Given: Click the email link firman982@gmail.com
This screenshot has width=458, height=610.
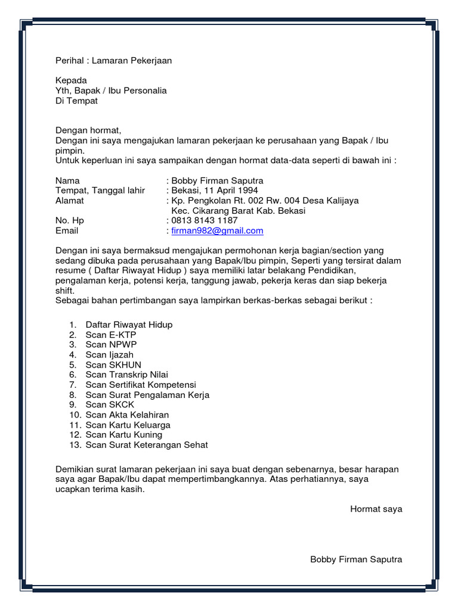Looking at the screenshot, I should tap(217, 231).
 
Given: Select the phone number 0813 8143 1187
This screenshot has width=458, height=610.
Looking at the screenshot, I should tap(204, 220).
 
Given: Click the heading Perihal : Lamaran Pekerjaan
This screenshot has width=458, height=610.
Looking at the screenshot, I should tap(113, 61).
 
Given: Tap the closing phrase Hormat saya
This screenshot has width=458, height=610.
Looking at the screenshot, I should tap(376, 509).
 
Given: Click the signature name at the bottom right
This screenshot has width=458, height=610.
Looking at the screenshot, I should tap(356, 559).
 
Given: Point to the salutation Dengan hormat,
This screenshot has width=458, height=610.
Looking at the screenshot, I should tap(88, 130).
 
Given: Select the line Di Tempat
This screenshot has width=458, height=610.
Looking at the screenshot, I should tap(76, 101).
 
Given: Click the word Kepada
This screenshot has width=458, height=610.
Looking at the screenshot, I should tap(71, 80).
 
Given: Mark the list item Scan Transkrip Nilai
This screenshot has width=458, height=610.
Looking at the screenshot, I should tap(126, 375).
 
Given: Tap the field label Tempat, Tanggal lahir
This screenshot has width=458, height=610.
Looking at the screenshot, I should tap(100, 191).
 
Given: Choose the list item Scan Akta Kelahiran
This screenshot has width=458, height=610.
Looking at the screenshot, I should tap(127, 415).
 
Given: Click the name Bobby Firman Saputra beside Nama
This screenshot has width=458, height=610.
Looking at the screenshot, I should tap(217, 180).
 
